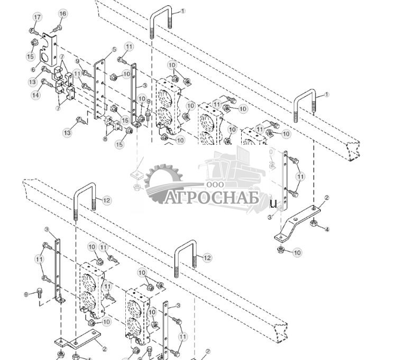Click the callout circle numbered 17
[37, 17]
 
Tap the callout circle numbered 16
[62, 14]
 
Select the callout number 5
[114, 50]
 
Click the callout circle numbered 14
[35, 95]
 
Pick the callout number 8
[105, 139]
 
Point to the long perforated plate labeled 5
[99, 90]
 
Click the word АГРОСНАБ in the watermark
[212, 198]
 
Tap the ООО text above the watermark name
[215, 184]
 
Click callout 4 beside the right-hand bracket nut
[327, 229]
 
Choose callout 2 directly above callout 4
[326, 198]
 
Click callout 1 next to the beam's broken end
[326, 95]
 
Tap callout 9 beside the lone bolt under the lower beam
[26, 294]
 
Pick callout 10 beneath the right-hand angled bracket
[298, 253]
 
